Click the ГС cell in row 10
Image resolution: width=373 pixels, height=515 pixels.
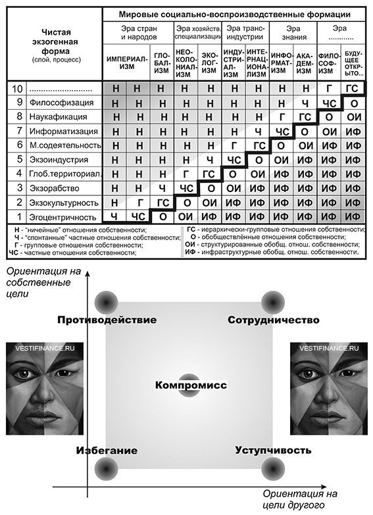point(353,88)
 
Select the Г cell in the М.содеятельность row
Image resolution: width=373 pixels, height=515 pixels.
point(234,145)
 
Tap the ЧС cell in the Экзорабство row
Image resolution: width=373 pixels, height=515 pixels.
point(186,189)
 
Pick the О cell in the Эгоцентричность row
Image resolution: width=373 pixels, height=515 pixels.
point(162,217)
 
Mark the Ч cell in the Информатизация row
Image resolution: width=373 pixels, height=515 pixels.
point(258,132)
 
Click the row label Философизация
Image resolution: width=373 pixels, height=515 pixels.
point(62,103)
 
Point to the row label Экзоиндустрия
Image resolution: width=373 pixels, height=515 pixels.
point(59,160)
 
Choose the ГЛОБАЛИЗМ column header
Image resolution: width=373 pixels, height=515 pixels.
point(162,62)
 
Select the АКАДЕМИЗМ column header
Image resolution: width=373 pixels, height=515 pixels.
point(305,62)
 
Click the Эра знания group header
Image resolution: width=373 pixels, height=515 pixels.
point(293,33)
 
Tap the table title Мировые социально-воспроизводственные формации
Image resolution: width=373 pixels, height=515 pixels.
point(235,14)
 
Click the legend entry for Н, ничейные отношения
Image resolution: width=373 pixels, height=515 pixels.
point(81,230)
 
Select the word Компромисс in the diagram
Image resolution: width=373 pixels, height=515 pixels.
point(191,385)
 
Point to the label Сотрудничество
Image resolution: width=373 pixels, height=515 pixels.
point(274,320)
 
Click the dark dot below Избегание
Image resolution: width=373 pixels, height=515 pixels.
point(106,468)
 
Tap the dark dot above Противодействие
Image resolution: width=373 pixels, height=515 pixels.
point(106,302)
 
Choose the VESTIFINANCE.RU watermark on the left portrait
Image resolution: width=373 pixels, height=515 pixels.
point(45,348)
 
